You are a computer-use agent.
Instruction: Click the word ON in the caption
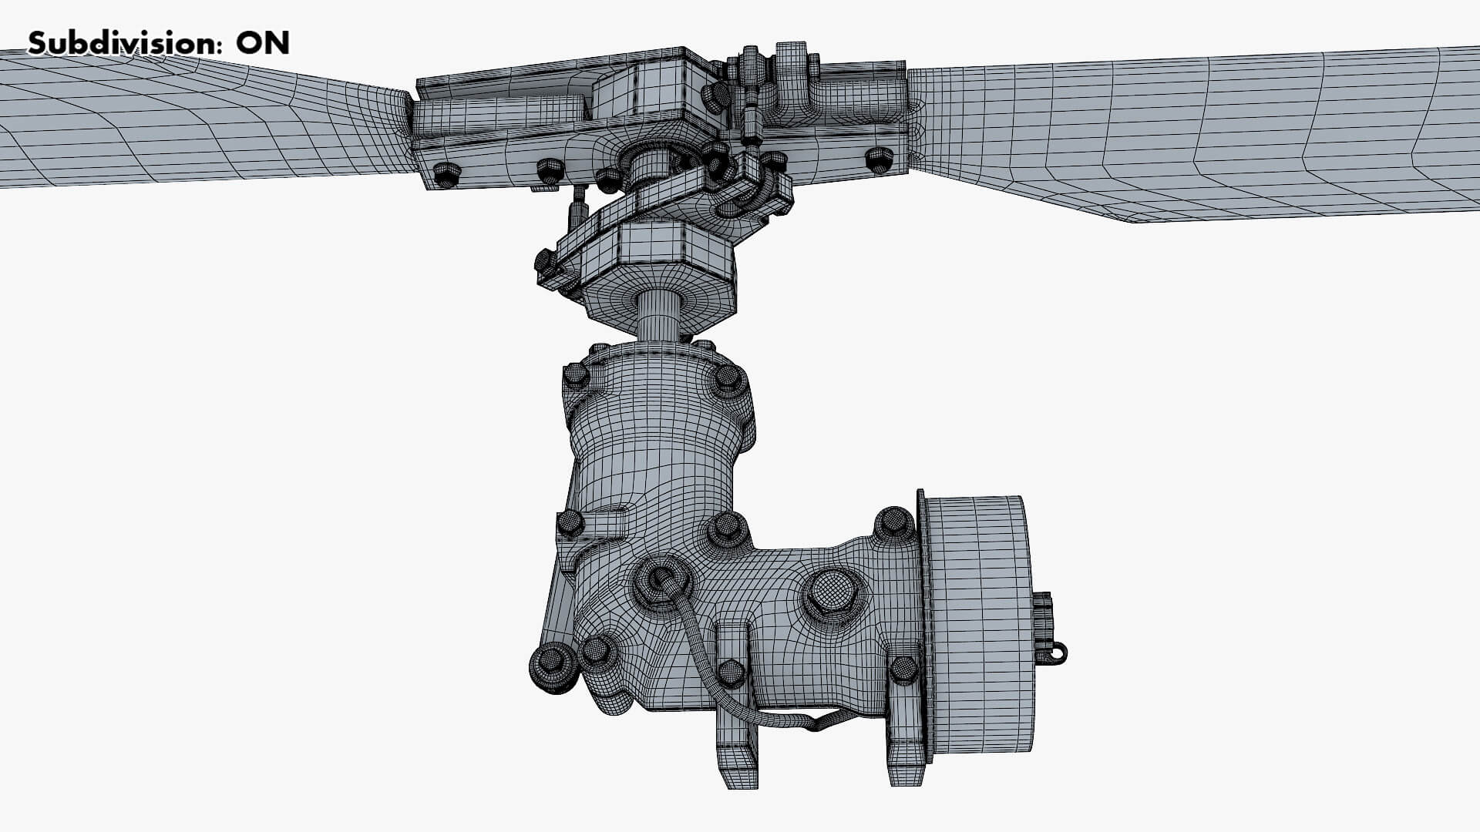[x=263, y=43]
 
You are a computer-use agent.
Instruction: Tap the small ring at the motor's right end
[x=1061, y=653]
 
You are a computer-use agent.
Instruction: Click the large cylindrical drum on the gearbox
[x=979, y=624]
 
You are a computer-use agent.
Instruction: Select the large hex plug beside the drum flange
[x=831, y=592]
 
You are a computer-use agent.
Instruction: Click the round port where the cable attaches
[x=660, y=579]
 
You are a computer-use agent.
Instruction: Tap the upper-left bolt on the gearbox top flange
[x=576, y=375]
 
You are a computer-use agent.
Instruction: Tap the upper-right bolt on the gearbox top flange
[x=727, y=378]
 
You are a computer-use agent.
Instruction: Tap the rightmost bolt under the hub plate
[x=879, y=159]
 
